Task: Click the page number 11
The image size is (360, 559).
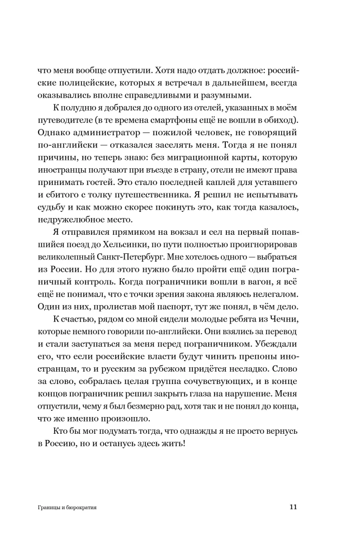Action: tap(292, 508)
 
